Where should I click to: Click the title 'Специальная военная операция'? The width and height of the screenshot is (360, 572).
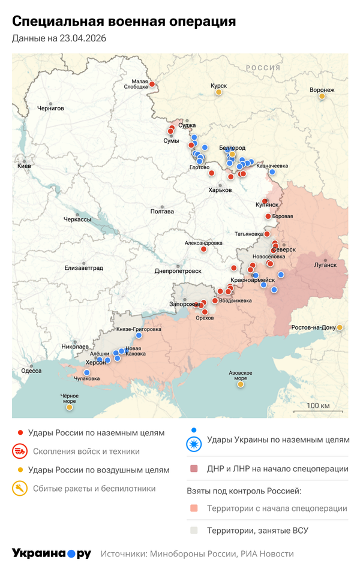(x=124, y=22)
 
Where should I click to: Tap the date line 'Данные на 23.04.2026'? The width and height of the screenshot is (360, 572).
(x=59, y=39)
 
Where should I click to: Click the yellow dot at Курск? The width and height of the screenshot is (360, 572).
(x=219, y=92)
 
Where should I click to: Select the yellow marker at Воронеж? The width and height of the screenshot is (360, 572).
(x=322, y=96)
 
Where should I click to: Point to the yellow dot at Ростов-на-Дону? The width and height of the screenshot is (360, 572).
(x=340, y=327)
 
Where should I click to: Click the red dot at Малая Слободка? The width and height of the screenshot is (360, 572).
(x=152, y=85)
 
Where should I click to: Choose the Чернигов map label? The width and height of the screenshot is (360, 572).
(x=50, y=109)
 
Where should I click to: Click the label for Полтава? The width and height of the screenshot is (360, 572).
(x=162, y=212)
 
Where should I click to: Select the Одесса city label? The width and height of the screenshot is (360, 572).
(x=31, y=371)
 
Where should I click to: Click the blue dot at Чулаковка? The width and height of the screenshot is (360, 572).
(x=86, y=372)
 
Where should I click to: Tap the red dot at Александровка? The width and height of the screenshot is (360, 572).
(x=204, y=249)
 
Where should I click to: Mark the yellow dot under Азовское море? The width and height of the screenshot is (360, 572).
(x=241, y=384)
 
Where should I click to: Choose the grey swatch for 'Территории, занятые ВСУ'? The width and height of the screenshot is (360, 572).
(x=193, y=530)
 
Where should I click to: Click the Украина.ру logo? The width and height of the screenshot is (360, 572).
(x=52, y=553)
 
